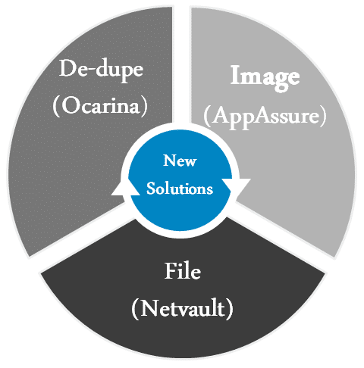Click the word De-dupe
coord(101,70)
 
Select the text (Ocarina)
coord(100,106)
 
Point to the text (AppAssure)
coord(265,117)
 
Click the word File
coord(183,271)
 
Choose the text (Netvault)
coord(182,308)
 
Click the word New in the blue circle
coord(180,161)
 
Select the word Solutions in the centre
coord(180,189)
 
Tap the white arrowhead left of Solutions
coord(125,188)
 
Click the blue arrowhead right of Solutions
coord(236,187)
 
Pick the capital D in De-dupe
coord(67,68)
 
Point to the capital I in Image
coord(236,75)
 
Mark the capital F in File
coord(171,271)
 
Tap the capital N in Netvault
coord(150,308)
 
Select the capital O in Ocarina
coord(70,106)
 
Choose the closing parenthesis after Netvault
coord(229,309)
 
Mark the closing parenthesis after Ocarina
coord(144,107)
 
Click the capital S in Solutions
coord(151,189)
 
